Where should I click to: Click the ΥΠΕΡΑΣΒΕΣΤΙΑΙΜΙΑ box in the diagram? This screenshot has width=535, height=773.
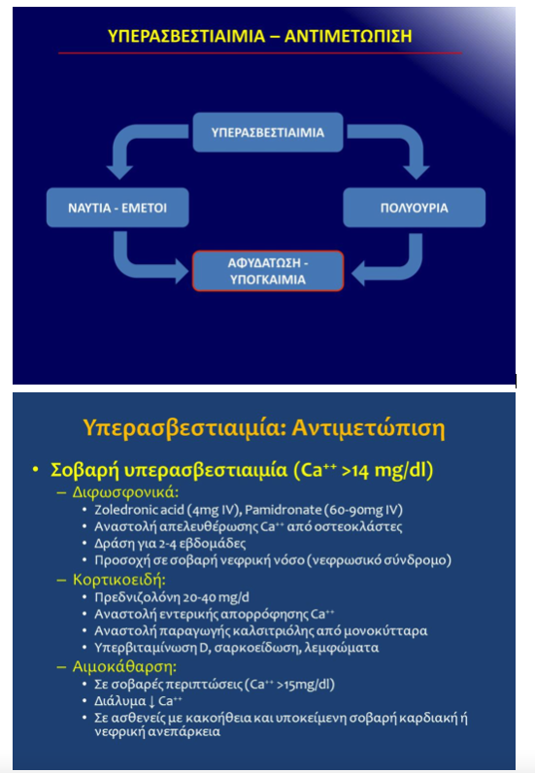pyautogui.click(x=268, y=132)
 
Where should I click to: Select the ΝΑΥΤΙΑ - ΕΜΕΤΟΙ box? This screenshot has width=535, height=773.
pyautogui.click(x=117, y=208)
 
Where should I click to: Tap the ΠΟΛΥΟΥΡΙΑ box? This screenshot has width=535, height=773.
pyautogui.click(x=415, y=208)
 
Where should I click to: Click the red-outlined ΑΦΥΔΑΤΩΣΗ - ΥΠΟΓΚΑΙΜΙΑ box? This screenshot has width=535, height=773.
pyautogui.click(x=268, y=271)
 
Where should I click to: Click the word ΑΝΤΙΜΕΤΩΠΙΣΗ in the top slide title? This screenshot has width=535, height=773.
pyautogui.click(x=349, y=36)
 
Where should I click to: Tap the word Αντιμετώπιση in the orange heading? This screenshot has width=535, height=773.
pyautogui.click(x=368, y=427)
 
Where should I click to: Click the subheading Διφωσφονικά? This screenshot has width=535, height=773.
pyautogui.click(x=125, y=492)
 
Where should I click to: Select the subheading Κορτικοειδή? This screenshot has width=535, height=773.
pyautogui.click(x=118, y=579)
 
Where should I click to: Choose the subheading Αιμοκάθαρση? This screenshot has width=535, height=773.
pyautogui.click(x=124, y=666)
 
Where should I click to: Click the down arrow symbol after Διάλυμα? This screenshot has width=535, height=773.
pyautogui.click(x=151, y=701)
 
